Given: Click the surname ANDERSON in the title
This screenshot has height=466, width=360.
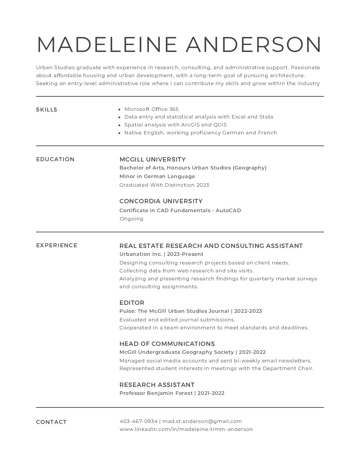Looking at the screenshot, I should [253, 44].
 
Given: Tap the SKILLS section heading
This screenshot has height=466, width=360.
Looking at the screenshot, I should [47, 110].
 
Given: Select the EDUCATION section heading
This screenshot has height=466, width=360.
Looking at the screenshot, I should [55, 159].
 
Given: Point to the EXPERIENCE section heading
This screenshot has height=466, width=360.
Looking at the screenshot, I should [57, 245].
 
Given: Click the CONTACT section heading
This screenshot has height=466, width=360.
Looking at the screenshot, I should [51, 422].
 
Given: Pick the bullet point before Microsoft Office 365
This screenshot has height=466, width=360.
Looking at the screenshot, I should [119, 109].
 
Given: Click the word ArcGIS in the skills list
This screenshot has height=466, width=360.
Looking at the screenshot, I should [190, 125].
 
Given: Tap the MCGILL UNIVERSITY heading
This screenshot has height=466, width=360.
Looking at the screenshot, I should [152, 159].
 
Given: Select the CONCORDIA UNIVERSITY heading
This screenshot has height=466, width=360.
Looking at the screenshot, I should [161, 201].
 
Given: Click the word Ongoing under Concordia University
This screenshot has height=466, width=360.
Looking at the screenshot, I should [131, 219].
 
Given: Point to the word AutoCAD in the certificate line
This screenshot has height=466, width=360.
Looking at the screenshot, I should [228, 210].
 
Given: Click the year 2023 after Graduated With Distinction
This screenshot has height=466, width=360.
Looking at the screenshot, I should [203, 185].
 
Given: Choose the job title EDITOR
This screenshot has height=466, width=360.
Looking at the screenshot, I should [132, 303].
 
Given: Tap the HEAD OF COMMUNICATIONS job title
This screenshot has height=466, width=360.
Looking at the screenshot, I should [167, 344].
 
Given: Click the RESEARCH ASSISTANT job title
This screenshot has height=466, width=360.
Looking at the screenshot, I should [157, 385].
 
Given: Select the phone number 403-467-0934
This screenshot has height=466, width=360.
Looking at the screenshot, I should [138, 421].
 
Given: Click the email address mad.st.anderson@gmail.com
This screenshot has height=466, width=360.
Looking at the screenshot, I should [202, 421].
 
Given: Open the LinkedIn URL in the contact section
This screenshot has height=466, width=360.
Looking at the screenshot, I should [186, 429].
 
